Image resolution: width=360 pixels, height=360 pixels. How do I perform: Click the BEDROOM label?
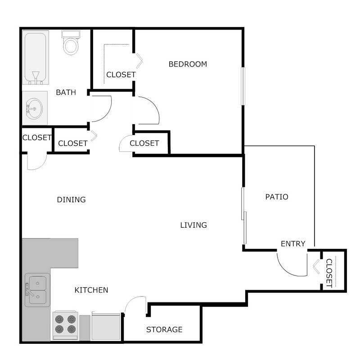click(188, 64)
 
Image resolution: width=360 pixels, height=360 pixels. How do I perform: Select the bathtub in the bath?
click(36, 57)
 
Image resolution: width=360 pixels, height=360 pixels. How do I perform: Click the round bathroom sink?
click(34, 108)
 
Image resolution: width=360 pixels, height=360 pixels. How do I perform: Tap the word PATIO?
click(276, 197)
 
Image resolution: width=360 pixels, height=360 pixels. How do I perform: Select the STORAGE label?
click(164, 329)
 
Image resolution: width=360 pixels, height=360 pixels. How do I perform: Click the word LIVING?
click(193, 225)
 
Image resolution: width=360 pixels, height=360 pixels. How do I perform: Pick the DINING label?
click(71, 199)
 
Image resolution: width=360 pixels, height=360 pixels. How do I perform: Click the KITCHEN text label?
click(91, 290)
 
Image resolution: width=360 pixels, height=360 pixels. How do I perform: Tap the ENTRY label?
click(293, 243)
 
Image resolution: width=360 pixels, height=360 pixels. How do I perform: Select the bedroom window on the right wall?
click(243, 86)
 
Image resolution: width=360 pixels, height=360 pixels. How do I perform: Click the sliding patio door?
click(244, 216)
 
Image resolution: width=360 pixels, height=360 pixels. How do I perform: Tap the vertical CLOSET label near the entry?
click(328, 273)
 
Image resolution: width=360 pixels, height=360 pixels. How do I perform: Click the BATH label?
click(66, 92)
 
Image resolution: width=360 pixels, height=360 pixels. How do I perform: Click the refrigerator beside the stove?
click(106, 326)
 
